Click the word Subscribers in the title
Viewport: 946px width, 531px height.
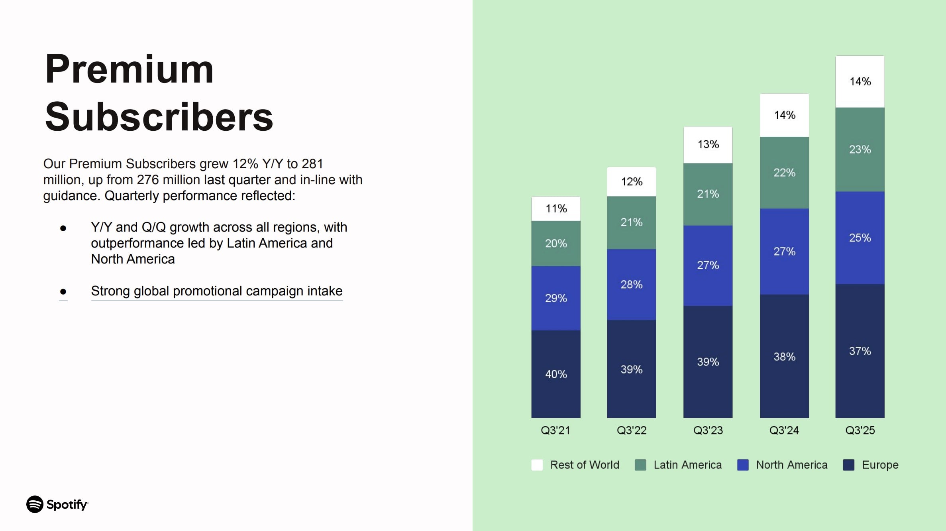pos(159,117)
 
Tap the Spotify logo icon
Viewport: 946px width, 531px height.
pos(35,504)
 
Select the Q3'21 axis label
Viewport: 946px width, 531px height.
pos(555,431)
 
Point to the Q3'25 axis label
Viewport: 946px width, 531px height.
pos(860,431)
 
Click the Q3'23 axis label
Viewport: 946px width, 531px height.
pos(708,431)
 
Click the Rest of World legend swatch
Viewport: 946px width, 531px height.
pos(537,465)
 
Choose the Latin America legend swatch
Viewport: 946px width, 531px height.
pos(640,465)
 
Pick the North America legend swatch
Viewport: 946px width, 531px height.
pos(743,465)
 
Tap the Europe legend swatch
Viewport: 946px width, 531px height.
pos(848,465)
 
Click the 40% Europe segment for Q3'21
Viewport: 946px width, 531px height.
pos(556,374)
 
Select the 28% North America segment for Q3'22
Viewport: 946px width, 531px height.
pos(631,285)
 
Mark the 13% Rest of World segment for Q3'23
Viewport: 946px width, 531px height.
pos(708,144)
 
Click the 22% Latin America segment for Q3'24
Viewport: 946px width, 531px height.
pos(784,173)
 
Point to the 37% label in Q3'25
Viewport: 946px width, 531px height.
pos(860,351)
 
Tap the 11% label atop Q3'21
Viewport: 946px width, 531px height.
pos(556,208)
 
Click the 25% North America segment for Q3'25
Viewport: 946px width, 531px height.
pos(860,238)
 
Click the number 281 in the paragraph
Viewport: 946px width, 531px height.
pos(312,164)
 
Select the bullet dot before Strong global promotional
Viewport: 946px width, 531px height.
pos(63,292)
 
